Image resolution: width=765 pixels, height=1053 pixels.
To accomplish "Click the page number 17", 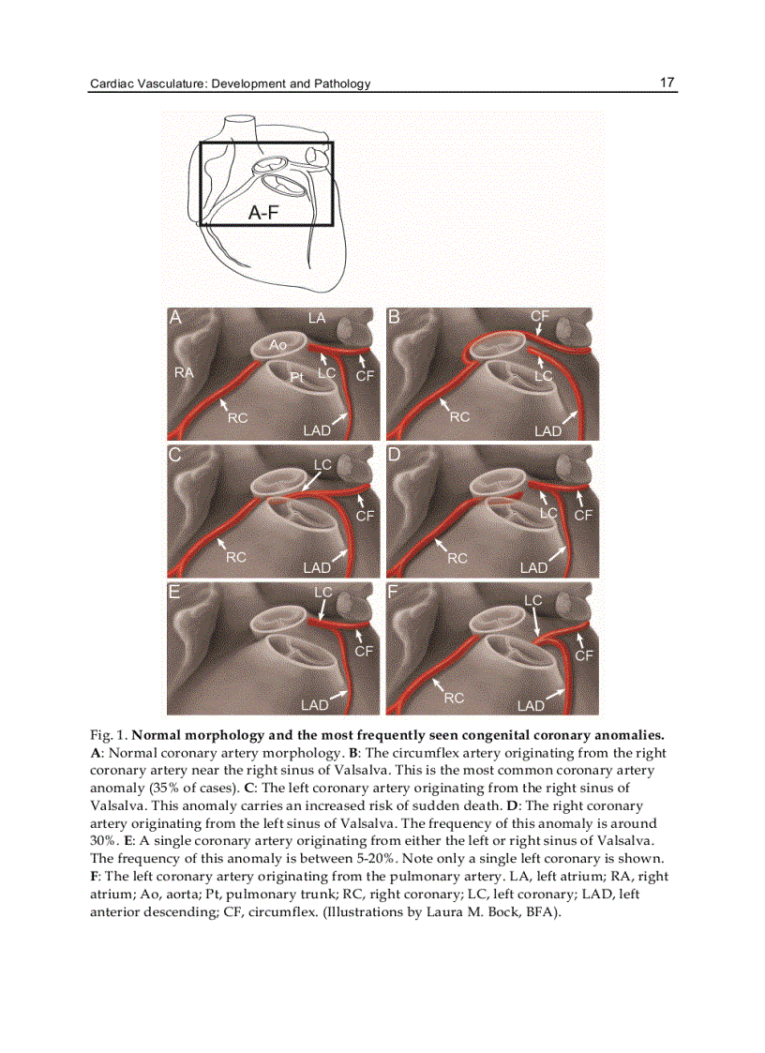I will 667,83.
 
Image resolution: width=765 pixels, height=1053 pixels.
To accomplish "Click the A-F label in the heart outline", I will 263,213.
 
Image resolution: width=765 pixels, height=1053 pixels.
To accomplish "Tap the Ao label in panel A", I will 277,345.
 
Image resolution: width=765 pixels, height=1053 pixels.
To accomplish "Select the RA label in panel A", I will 185,373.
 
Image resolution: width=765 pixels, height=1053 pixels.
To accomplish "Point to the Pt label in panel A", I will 296,376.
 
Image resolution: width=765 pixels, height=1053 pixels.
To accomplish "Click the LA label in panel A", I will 317,319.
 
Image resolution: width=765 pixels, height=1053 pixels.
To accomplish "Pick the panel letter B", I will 394,317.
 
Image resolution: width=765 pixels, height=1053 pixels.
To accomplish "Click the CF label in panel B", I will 539,317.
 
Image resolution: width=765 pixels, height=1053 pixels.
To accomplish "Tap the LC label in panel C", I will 322,465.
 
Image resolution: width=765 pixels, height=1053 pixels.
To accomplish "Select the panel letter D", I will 395,455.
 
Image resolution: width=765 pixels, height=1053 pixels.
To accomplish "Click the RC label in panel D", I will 457,558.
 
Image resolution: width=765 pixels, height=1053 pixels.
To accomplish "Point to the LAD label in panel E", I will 314,704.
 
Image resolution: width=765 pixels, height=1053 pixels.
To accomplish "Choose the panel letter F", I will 394,592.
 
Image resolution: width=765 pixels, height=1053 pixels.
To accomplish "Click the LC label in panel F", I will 532,600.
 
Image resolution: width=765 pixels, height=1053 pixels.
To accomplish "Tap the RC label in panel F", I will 455,698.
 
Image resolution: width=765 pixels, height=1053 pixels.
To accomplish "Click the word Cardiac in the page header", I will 112,83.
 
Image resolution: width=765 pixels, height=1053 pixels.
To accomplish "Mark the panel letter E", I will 174,592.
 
